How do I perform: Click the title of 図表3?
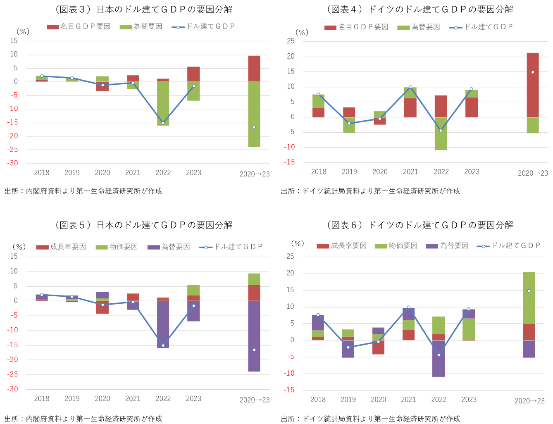[143, 9]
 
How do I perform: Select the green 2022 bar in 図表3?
[163, 103]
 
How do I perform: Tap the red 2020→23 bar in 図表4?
[533, 85]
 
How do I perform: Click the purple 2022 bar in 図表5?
[163, 324]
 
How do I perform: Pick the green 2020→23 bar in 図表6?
[529, 298]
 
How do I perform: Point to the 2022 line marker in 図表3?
[163, 123]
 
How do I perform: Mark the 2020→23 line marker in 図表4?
[533, 72]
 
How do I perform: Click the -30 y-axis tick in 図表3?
[13, 163]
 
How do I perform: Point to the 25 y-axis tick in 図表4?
[291, 41]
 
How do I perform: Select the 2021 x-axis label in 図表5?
[133, 398]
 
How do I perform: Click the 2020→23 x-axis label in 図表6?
[529, 400]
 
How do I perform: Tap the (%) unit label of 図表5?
[19, 247]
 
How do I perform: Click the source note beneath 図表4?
[370, 191]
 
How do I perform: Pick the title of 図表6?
[420, 225]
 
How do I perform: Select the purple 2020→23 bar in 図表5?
[254, 336]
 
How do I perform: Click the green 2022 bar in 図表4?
[441, 133]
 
